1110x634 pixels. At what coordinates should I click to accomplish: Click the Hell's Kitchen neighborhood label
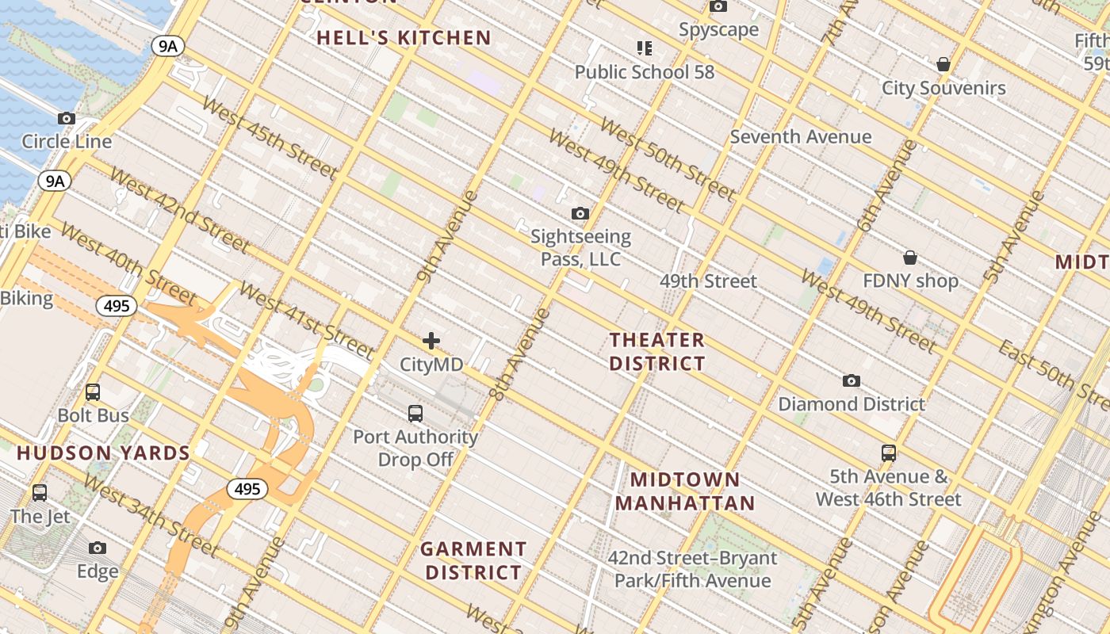click(404, 37)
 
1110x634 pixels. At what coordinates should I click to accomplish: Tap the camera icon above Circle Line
click(67, 119)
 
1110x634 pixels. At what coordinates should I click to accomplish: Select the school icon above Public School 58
click(645, 48)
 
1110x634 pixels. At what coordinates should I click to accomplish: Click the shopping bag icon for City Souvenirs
click(943, 64)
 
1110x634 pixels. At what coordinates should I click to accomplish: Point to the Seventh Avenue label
click(800, 136)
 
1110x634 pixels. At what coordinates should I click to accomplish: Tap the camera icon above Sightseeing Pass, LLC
click(580, 213)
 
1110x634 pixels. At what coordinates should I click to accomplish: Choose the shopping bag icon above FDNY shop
click(910, 258)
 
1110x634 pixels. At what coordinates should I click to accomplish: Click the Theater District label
click(656, 352)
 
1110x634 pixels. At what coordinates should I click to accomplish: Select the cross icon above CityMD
click(431, 341)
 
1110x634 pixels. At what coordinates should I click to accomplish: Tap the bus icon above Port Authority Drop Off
click(415, 413)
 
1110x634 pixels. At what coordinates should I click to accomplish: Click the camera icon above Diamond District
click(852, 380)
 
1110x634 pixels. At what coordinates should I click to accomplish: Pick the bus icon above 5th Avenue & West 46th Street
click(889, 453)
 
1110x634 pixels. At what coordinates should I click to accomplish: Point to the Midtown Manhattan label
click(685, 491)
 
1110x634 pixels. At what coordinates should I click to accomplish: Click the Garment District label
click(473, 560)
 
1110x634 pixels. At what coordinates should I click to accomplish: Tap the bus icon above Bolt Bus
click(93, 391)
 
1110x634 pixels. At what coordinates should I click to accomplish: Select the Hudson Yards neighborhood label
click(103, 453)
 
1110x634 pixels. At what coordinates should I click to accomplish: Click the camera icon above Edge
click(98, 548)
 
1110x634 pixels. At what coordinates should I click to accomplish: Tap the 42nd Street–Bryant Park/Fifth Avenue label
click(692, 569)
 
